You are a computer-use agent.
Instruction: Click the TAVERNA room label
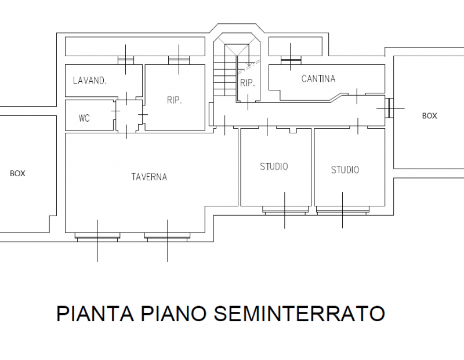(149, 177)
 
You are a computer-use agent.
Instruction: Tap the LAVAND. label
(90, 81)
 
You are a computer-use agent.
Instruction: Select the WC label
(84, 118)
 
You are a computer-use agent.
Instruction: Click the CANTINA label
(318, 79)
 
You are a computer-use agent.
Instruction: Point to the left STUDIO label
(274, 166)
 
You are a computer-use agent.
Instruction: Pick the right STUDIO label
(345, 170)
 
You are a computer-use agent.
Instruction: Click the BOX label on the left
(18, 174)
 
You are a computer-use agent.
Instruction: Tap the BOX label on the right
(429, 116)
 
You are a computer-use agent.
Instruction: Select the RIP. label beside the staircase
(248, 83)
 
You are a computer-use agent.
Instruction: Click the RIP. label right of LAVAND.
(175, 100)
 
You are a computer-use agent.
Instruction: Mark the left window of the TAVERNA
(97, 237)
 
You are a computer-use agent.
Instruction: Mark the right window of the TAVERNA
(167, 237)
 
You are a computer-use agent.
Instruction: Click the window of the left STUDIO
(285, 210)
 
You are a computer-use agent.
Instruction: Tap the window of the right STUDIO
(343, 210)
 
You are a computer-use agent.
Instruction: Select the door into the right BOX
(389, 108)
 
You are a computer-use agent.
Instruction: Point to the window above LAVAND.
(126, 60)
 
